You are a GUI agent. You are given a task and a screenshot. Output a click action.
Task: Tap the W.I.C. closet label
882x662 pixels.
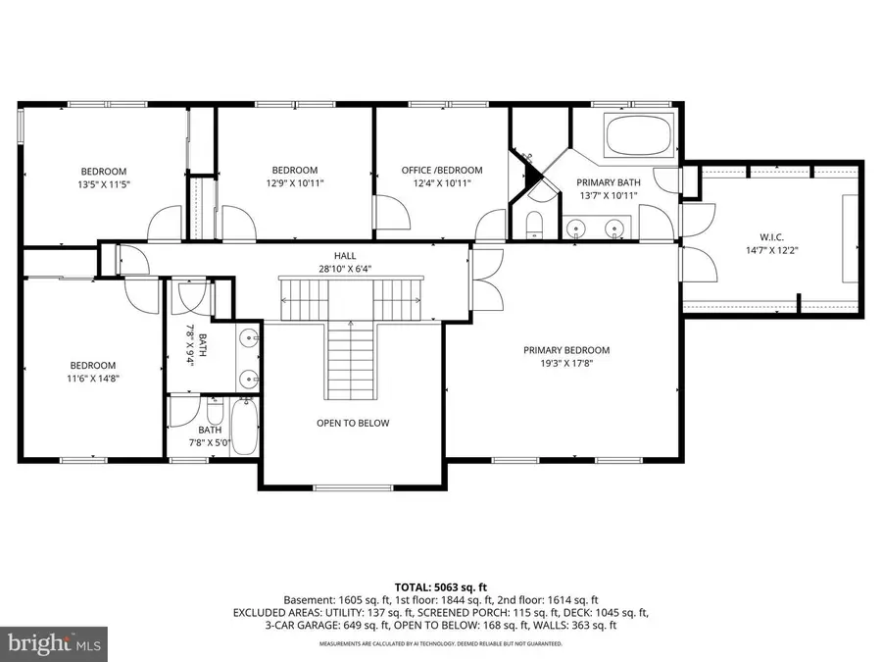[x=772, y=236]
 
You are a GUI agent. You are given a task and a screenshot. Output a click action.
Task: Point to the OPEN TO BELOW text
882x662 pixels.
[x=353, y=424]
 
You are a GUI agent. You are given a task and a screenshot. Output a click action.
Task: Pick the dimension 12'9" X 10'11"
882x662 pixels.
[x=295, y=183]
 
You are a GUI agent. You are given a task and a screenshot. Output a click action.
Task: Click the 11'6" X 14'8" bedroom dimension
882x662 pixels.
[x=92, y=378]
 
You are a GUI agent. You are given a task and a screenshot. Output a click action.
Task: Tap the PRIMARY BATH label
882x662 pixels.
[x=608, y=182]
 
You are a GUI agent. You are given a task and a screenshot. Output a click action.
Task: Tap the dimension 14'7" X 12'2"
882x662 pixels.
[x=772, y=250]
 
